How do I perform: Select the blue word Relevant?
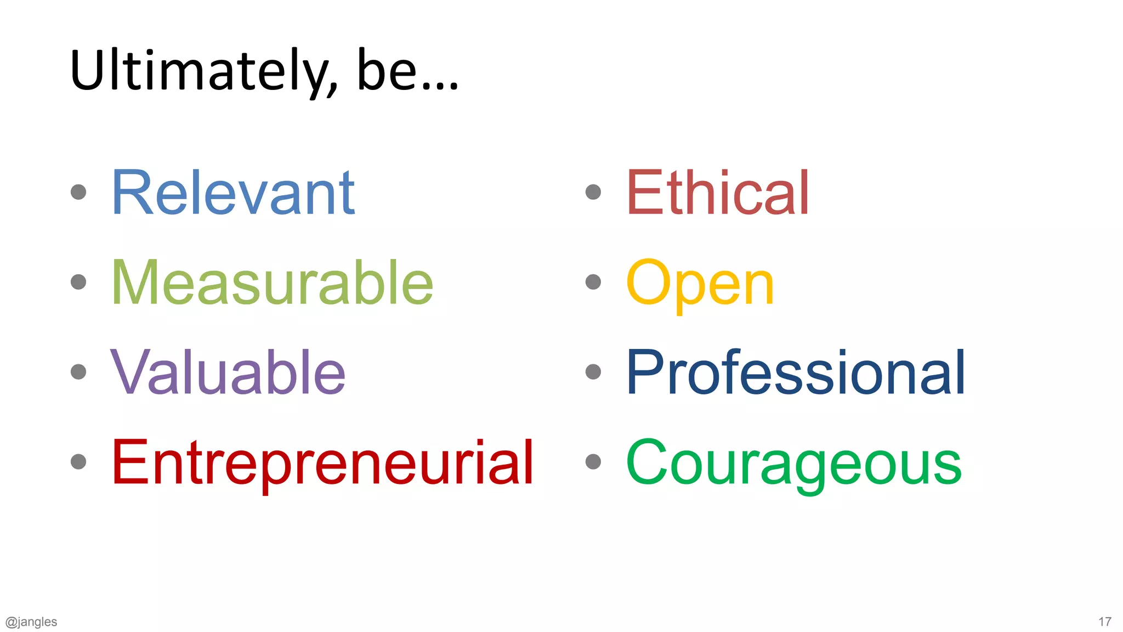pos(233,193)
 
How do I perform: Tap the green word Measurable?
pos(272,283)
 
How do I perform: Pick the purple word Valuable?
pos(228,373)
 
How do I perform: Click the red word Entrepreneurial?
pos(322,463)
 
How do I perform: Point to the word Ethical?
pos(717,193)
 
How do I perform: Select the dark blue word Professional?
pos(795,373)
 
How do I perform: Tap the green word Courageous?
pos(793,463)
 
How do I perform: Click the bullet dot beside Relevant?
pos(79,192)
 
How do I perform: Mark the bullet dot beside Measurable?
pos(79,282)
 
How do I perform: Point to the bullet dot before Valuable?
pos(79,372)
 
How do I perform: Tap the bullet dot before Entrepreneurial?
pos(79,462)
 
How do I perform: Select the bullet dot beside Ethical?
pos(593,192)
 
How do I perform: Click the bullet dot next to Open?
pos(593,282)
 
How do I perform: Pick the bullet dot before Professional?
pos(593,372)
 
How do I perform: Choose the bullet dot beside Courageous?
pos(593,462)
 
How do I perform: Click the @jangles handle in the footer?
pos(31,622)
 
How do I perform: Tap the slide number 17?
pos(1104,622)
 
